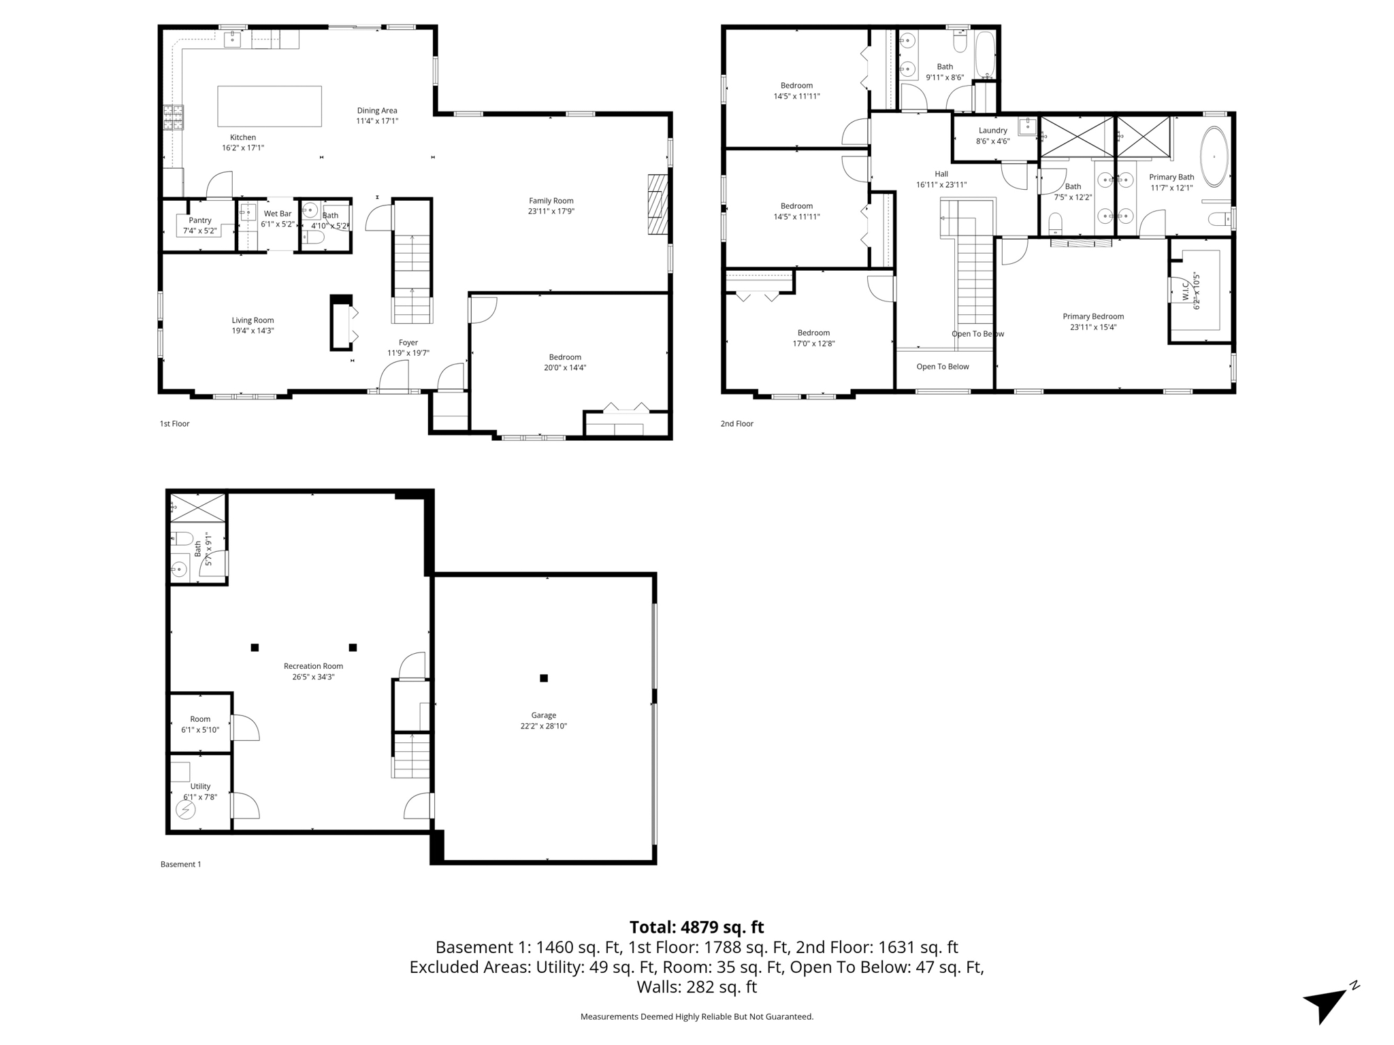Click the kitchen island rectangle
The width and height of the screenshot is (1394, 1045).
tap(269, 106)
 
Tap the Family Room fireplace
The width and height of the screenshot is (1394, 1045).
tap(658, 205)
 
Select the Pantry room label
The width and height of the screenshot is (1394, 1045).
tap(200, 220)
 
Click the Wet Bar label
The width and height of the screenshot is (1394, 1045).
tap(277, 214)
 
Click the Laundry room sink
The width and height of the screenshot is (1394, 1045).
tap(1027, 127)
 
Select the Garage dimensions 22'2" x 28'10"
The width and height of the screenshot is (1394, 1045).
tap(543, 726)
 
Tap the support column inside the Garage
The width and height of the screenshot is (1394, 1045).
tap(544, 678)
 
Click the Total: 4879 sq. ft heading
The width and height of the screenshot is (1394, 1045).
tap(696, 927)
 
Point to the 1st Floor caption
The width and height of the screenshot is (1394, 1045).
tap(174, 424)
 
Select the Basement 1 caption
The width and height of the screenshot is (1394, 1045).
tap(180, 865)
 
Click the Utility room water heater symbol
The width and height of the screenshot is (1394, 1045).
tap(186, 810)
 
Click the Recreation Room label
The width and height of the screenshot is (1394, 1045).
tap(313, 666)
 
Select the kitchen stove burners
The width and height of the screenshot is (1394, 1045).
tap(173, 117)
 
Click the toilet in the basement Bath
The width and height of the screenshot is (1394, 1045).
tap(182, 539)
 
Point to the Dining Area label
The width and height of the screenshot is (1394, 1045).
tap(377, 110)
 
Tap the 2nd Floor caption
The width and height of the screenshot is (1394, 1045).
tap(736, 424)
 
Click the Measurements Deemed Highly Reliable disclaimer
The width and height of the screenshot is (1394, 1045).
tap(696, 1016)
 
